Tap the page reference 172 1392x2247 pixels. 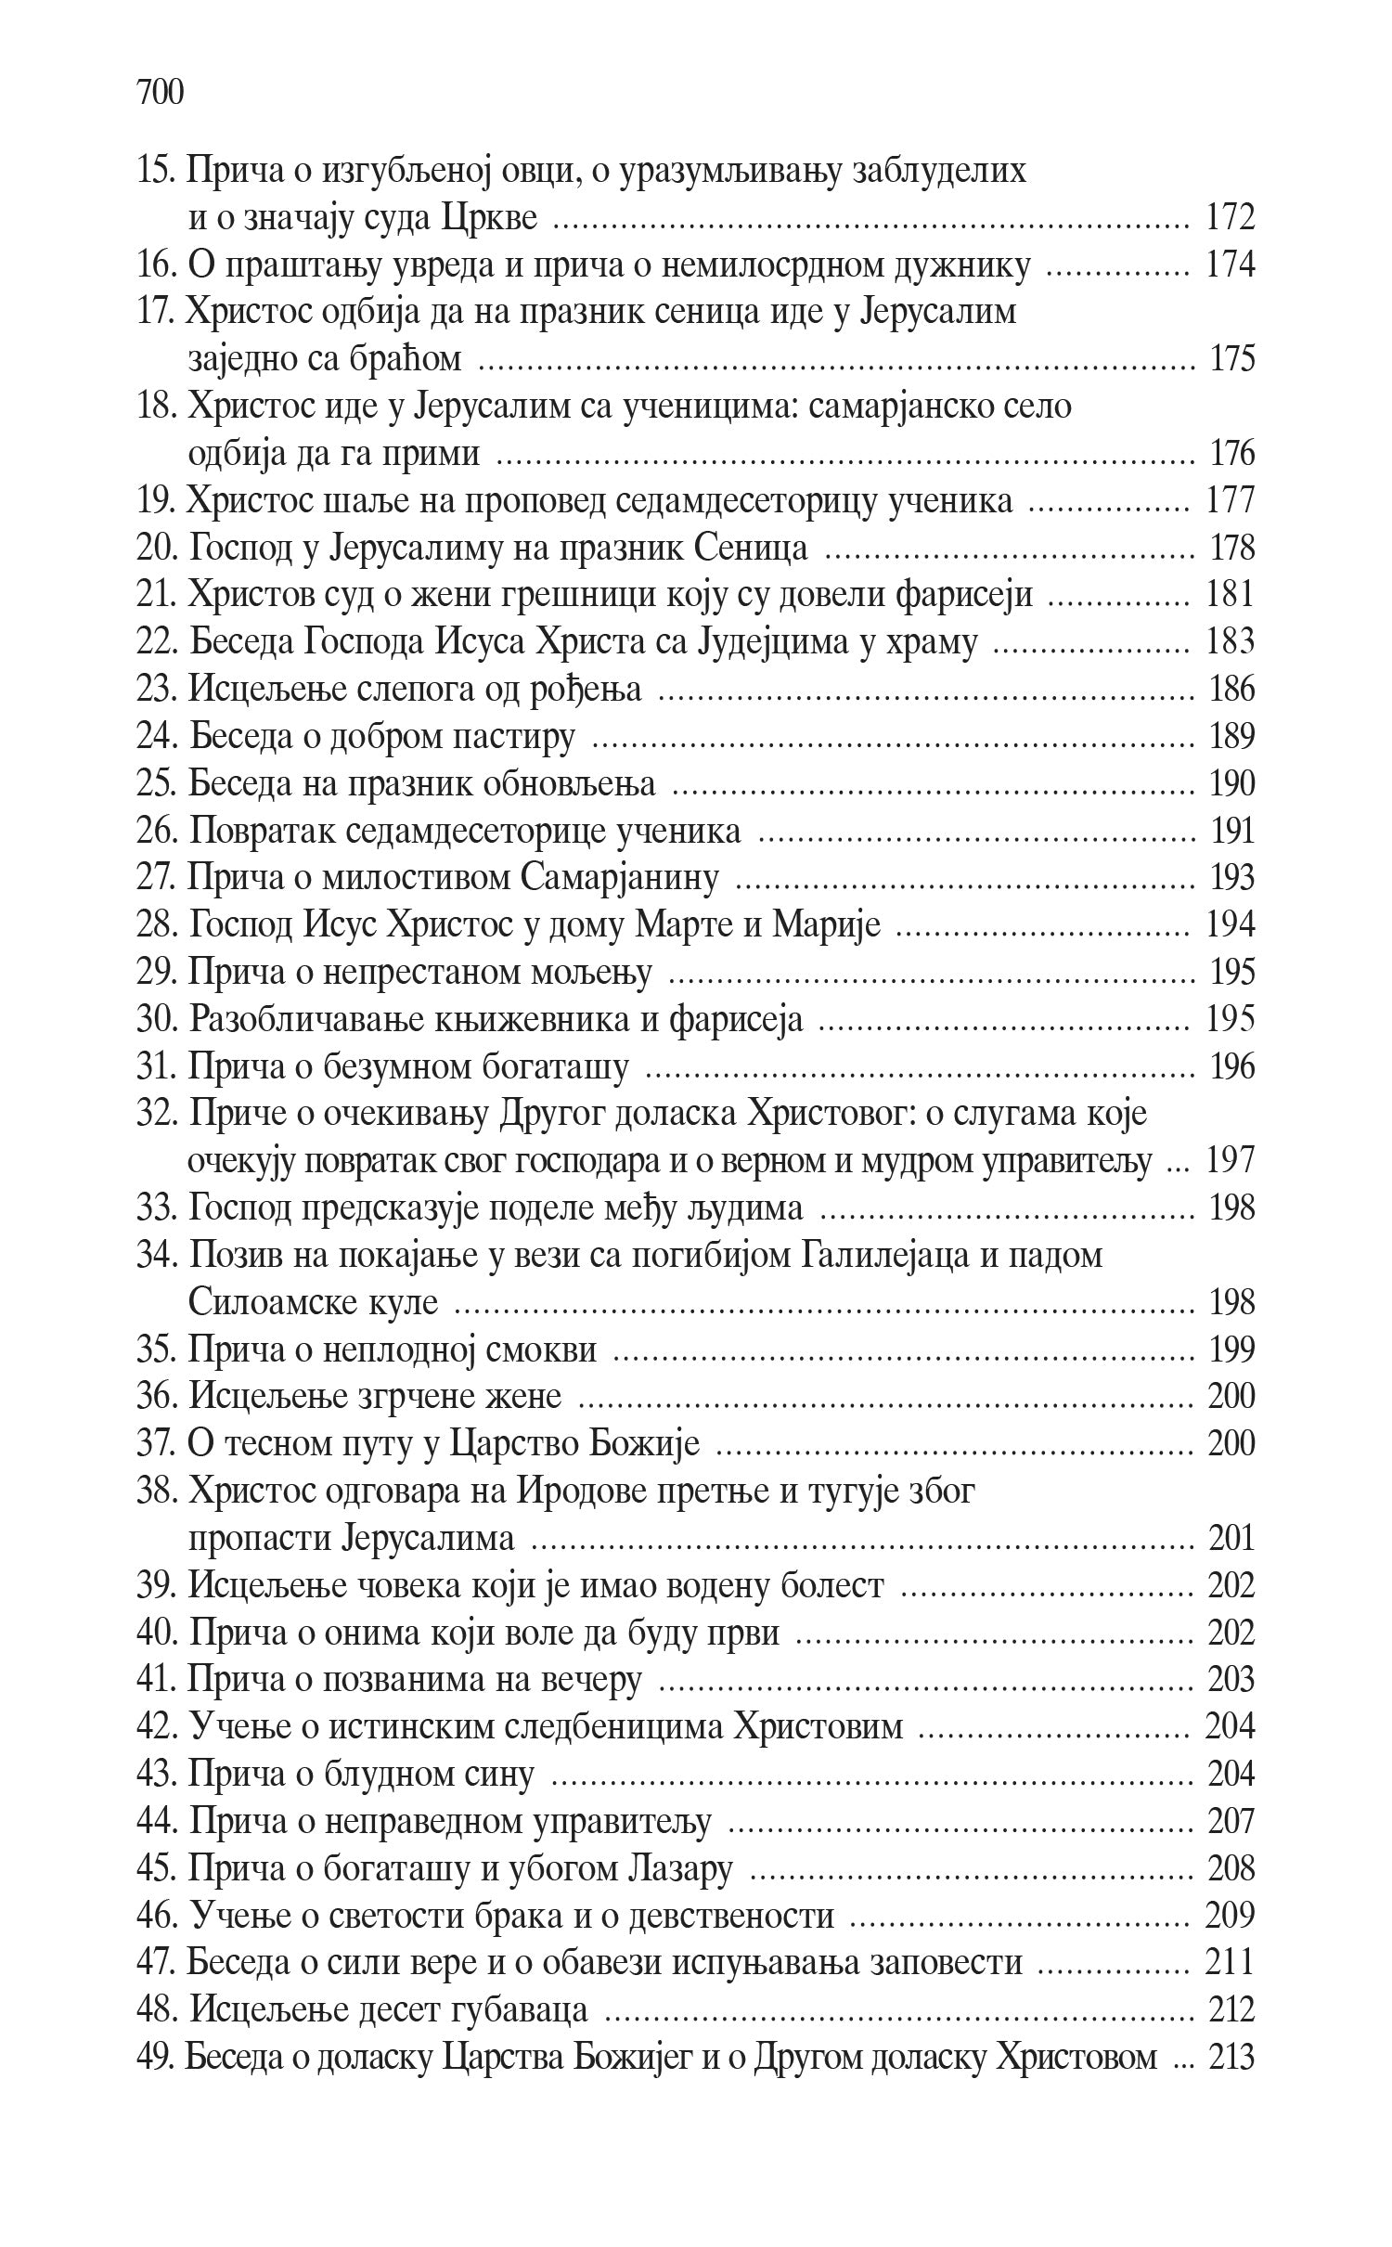(1230, 219)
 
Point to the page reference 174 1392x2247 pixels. (1230, 266)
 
